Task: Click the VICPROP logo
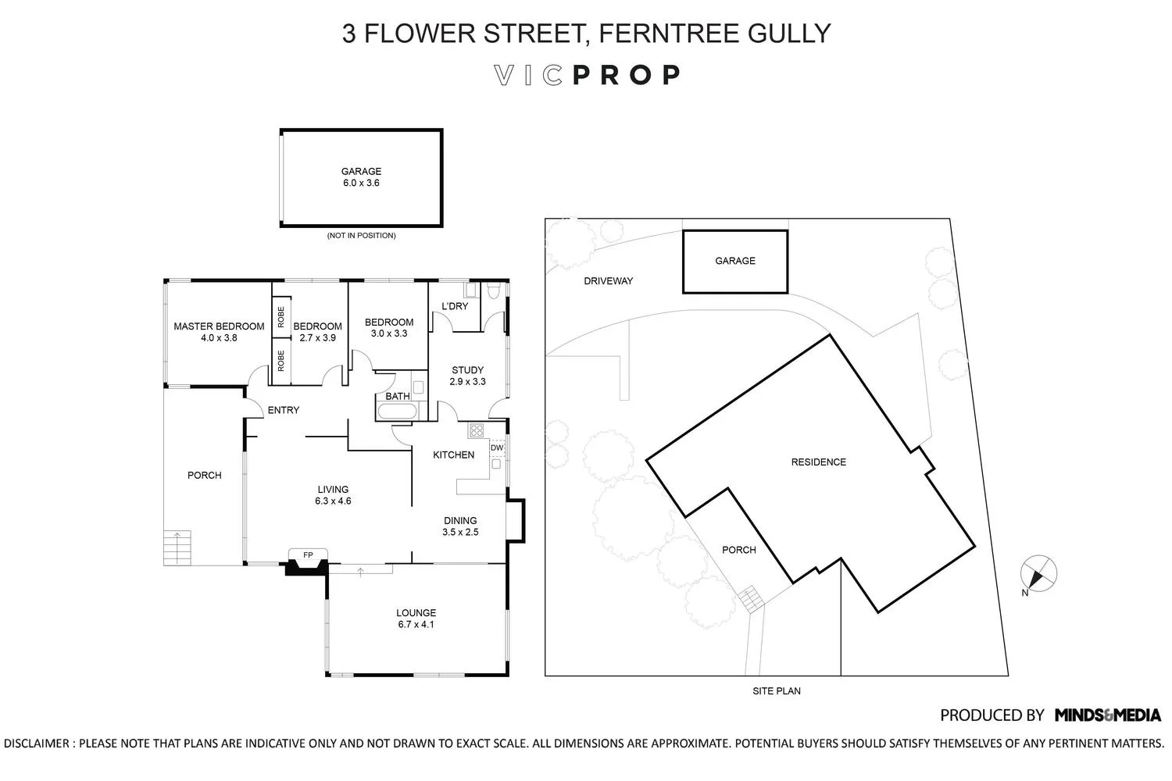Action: (x=588, y=75)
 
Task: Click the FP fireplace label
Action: (x=308, y=555)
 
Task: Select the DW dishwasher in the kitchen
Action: (x=497, y=448)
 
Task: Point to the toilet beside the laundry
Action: (x=493, y=291)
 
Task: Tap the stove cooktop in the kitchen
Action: (x=477, y=430)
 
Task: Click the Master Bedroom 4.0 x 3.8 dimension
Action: (x=219, y=338)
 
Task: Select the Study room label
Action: (x=467, y=370)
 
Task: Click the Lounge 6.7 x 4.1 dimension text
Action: (x=416, y=625)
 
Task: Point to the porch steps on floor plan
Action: (x=177, y=547)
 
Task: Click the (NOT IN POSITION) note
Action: (x=361, y=235)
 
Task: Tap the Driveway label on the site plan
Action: (x=608, y=281)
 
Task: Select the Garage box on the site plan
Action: (x=734, y=262)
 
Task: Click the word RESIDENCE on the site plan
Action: (x=818, y=462)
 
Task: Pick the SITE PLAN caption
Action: (x=776, y=691)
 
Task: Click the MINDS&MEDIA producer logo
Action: (x=1107, y=715)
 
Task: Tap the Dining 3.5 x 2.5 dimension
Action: (x=459, y=532)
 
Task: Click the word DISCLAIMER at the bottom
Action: (x=37, y=744)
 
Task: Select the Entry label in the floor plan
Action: (x=283, y=410)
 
